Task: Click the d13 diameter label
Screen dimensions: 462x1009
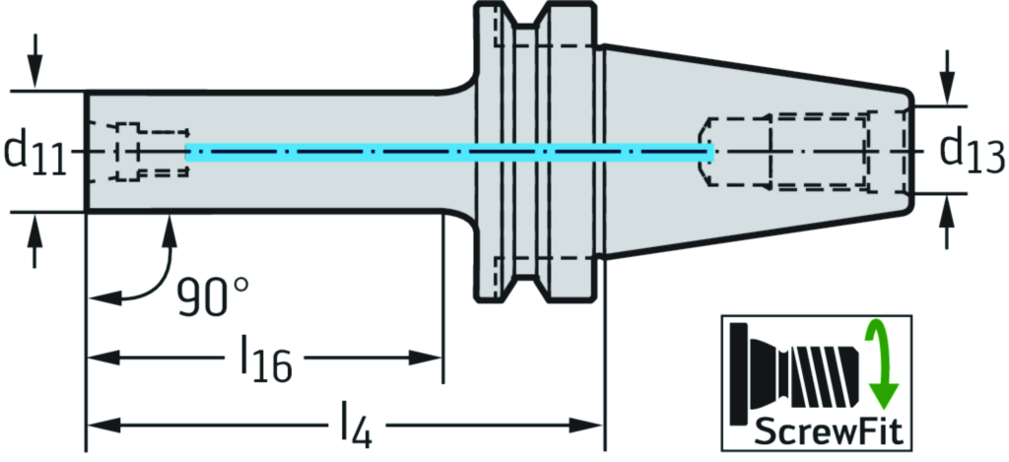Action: [970, 151]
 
